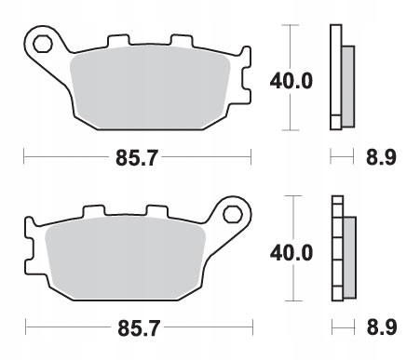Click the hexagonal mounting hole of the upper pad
42,44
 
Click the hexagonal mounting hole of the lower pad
233,214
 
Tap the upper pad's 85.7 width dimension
137,158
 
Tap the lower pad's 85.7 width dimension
139,328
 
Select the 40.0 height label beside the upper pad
291,81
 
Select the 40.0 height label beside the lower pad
291,253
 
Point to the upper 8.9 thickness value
381,157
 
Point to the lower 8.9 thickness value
382,327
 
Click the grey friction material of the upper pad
150,87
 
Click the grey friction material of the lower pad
125,258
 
